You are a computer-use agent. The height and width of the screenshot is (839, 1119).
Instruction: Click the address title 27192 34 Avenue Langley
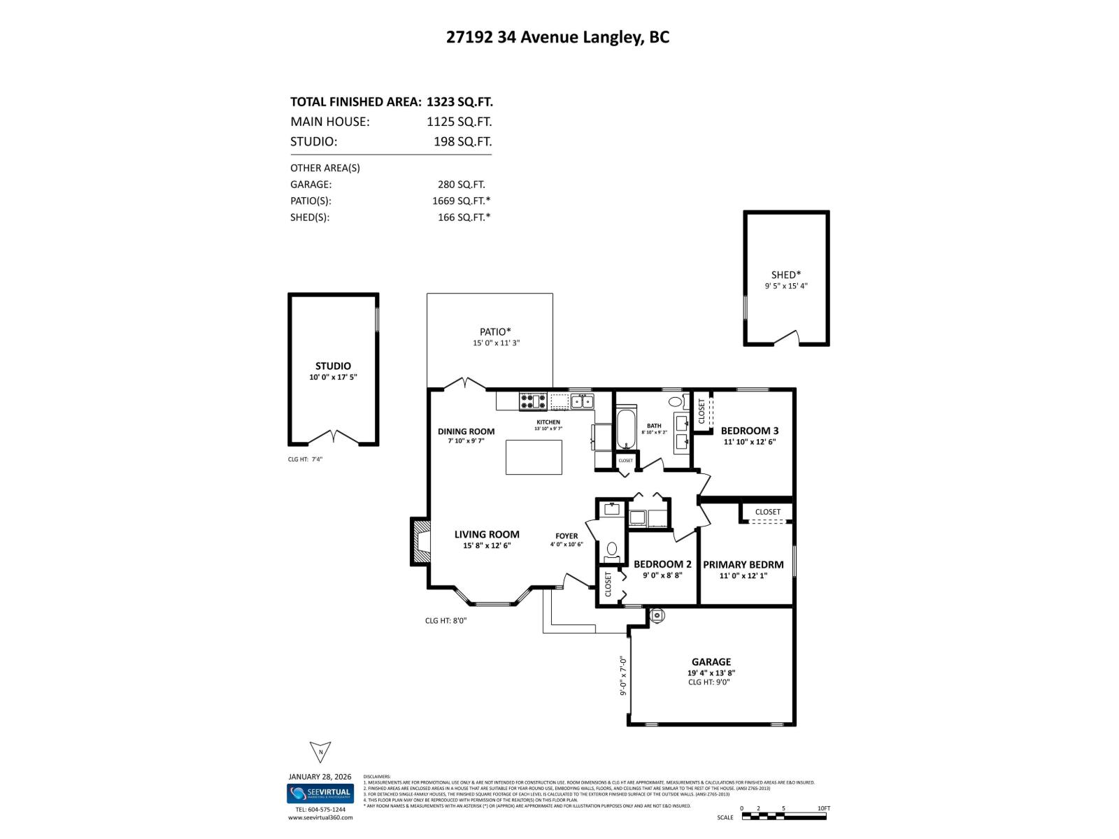tap(557, 37)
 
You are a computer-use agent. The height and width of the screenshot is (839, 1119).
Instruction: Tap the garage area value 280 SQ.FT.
tap(461, 185)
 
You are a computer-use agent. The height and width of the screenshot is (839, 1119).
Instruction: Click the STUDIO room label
tap(333, 366)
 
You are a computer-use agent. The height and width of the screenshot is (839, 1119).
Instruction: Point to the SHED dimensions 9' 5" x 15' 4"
tap(786, 286)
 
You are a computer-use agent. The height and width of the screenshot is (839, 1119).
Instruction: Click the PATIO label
tap(495, 331)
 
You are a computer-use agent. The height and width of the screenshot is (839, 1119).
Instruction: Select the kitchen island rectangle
tap(534, 457)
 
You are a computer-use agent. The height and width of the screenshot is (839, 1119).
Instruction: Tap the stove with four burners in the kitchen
tap(533, 401)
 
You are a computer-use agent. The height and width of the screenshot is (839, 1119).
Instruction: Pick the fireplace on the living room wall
tap(421, 541)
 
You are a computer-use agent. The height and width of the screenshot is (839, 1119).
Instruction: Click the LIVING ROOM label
tap(487, 534)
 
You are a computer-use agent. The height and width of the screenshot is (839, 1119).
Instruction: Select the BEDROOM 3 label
tap(750, 431)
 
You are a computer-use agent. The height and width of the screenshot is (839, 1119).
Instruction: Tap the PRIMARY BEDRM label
tap(743, 564)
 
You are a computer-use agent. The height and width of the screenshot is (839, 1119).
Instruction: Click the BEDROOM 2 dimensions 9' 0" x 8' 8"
tap(662, 575)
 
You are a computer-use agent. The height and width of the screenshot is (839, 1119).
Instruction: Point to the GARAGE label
tap(711, 661)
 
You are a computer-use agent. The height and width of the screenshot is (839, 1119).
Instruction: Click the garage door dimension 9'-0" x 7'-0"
tap(622, 675)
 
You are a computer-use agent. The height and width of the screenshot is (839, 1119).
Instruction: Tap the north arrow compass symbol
tap(320, 752)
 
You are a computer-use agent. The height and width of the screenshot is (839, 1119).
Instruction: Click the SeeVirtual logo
tap(320, 794)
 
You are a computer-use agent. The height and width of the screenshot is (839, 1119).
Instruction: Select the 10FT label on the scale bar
tap(824, 808)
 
